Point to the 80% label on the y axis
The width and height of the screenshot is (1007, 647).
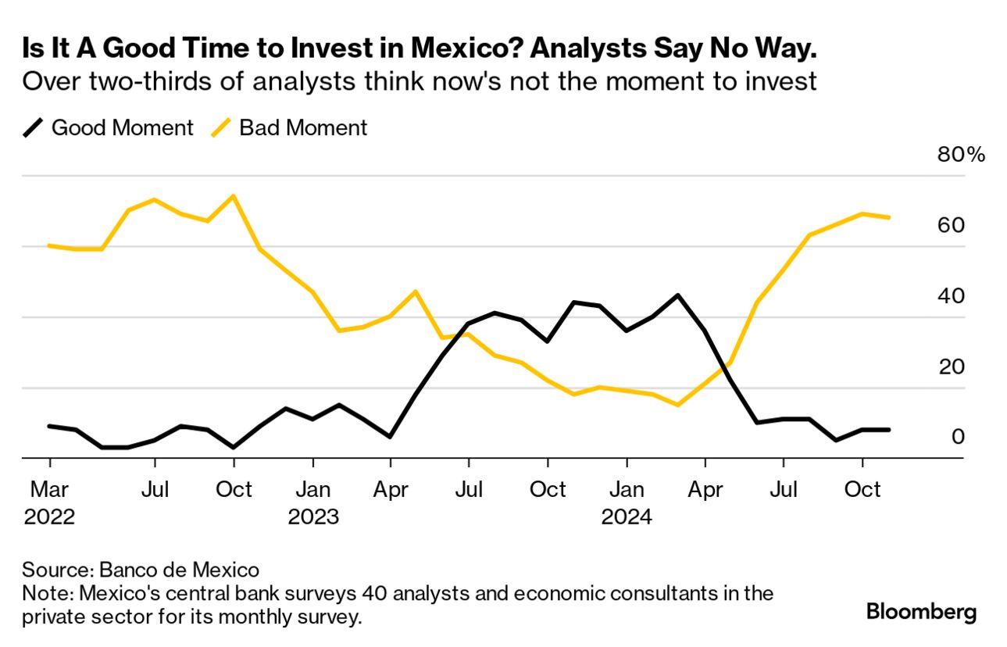point(961,154)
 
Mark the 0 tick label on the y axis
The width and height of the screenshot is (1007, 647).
point(957,436)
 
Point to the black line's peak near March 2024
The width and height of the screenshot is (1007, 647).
point(677,295)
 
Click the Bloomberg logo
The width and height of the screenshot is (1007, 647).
point(921,611)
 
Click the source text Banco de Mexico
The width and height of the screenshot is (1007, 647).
point(185,568)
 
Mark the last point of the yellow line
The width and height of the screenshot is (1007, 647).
point(889,217)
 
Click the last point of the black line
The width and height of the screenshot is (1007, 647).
point(889,429)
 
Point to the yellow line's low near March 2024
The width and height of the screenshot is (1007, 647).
point(677,405)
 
